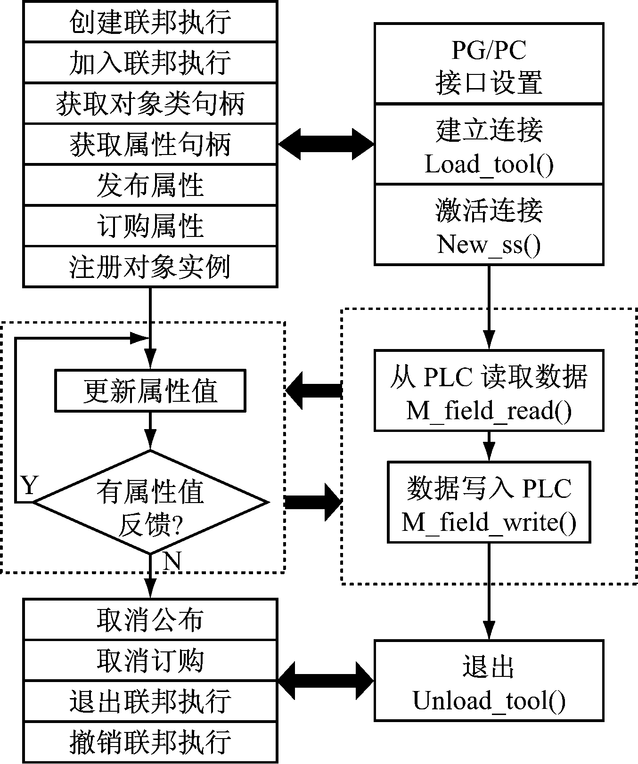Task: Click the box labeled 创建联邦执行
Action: (150, 22)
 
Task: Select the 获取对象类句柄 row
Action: (150, 104)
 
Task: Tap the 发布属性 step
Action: (150, 185)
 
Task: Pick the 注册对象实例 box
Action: (150, 267)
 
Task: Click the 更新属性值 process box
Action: (150, 391)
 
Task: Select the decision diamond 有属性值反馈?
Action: (150, 502)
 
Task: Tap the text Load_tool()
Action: (489, 164)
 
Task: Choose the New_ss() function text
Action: (489, 244)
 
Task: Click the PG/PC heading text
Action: (489, 50)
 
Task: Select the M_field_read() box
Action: (489, 391)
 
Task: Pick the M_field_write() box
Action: (489, 502)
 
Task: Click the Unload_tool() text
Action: (489, 700)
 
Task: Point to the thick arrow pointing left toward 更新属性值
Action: (314, 390)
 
